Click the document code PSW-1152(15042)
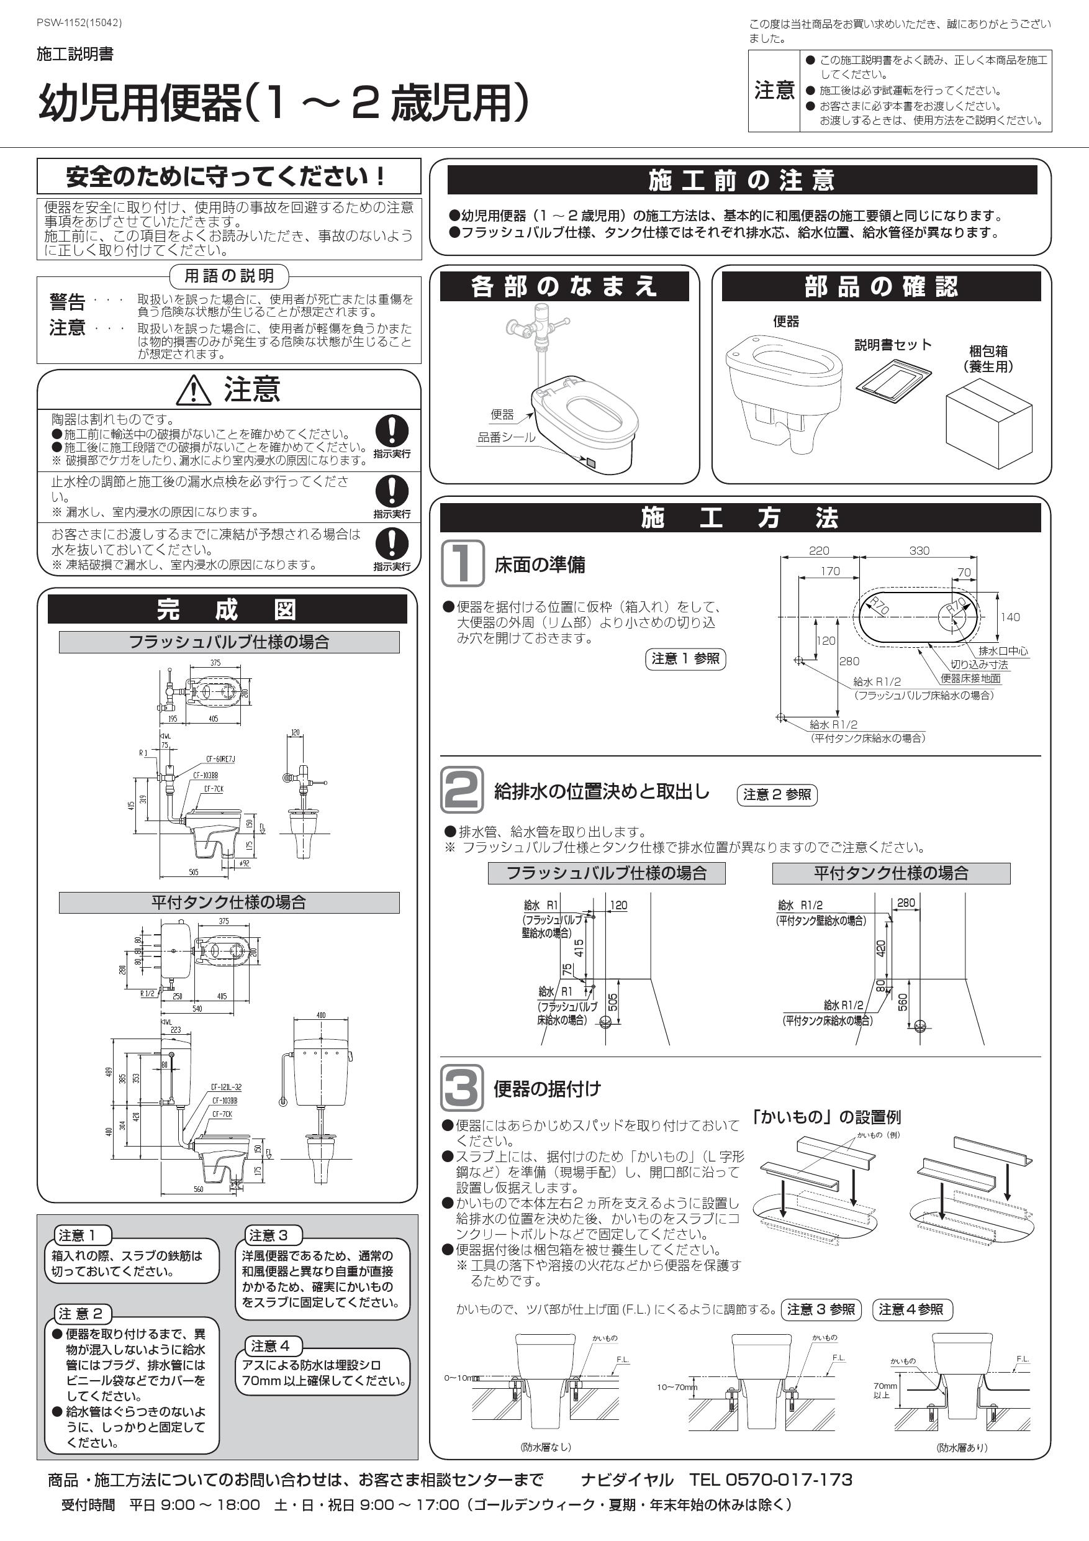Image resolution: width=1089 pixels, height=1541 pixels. (x=79, y=23)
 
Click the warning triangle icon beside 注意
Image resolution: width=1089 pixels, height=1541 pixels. (x=193, y=391)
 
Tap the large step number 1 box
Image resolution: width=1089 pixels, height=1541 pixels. (x=463, y=564)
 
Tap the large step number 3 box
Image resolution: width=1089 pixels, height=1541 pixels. (x=462, y=1088)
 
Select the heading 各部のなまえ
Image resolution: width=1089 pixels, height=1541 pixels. (x=564, y=286)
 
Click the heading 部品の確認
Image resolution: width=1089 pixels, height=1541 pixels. (x=880, y=286)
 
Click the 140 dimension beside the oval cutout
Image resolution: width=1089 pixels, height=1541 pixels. (x=1009, y=617)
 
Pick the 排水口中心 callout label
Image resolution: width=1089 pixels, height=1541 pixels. (x=1003, y=650)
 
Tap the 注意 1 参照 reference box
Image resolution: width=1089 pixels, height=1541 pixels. (x=685, y=658)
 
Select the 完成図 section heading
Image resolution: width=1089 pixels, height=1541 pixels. (x=227, y=609)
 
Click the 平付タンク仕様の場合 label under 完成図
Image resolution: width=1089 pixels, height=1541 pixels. (x=229, y=902)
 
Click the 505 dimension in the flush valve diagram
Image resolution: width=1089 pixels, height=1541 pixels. (x=612, y=1002)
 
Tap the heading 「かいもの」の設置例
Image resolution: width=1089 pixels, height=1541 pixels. (x=826, y=1117)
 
